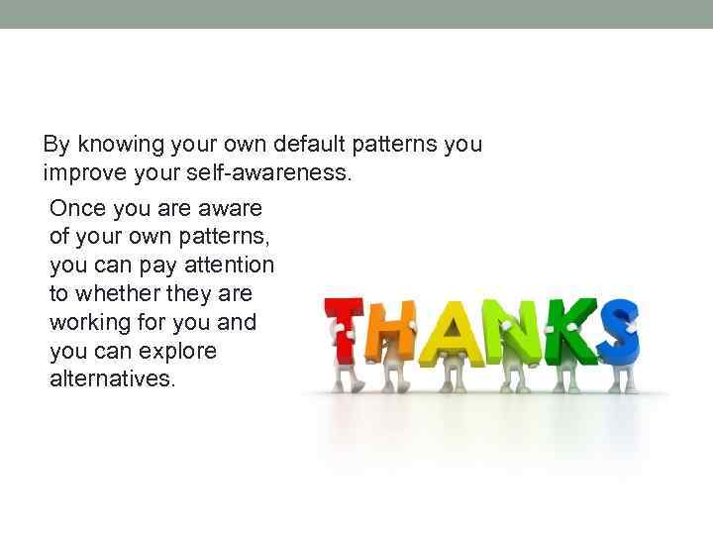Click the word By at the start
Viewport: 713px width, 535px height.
(x=56, y=145)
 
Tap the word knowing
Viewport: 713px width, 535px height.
(x=119, y=145)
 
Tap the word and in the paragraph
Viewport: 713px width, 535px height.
(x=236, y=323)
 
